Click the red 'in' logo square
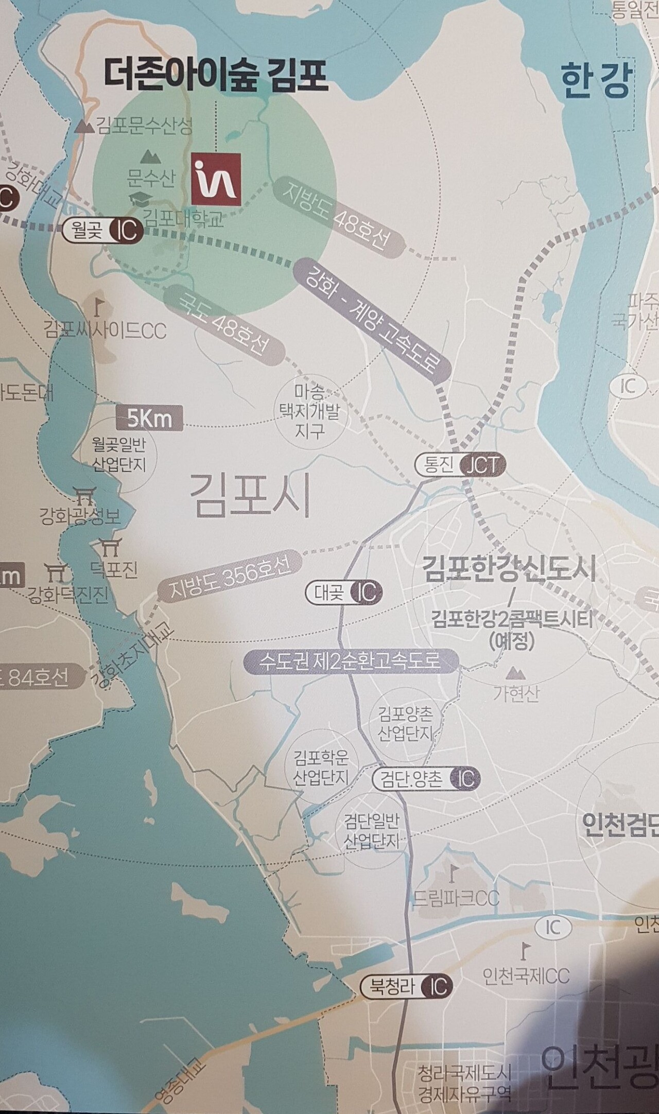216,178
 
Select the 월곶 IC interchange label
102,230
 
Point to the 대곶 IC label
344,593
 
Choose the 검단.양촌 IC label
426,779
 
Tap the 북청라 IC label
407,987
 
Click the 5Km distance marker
149,419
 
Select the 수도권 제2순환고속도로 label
351,661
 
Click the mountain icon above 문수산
150,155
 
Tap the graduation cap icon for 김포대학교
138,199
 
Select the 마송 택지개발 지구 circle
309,412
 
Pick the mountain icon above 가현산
513,672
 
